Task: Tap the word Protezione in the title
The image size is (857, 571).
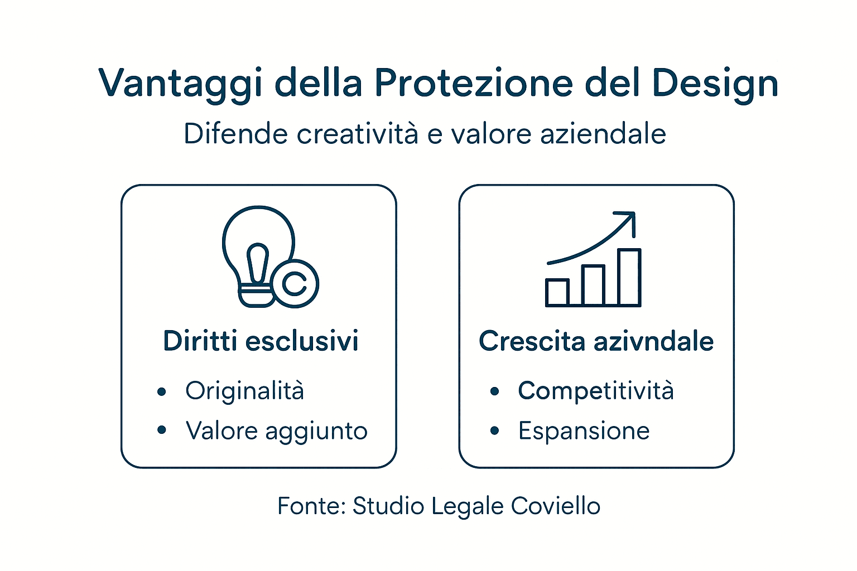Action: pyautogui.click(x=474, y=83)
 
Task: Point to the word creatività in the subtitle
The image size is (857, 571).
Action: pyautogui.click(x=357, y=134)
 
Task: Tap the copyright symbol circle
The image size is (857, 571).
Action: pyautogui.click(x=295, y=283)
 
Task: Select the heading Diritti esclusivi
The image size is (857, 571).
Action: pyautogui.click(x=261, y=341)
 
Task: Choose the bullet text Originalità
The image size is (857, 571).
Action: pyautogui.click(x=245, y=390)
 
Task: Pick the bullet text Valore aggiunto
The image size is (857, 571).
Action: pyautogui.click(x=277, y=430)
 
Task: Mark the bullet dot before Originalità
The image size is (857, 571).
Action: pyautogui.click(x=162, y=391)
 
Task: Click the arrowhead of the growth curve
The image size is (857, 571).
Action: pyautogui.click(x=628, y=219)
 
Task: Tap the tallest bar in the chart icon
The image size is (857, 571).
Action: pyautogui.click(x=629, y=277)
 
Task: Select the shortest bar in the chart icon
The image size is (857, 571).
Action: pyautogui.click(x=557, y=292)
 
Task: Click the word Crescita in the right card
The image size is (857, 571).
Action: pyautogui.click(x=532, y=341)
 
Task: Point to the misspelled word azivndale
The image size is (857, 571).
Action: pyautogui.click(x=653, y=341)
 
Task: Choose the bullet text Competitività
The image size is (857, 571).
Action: pyautogui.click(x=596, y=390)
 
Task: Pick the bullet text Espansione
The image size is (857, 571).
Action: pyautogui.click(x=584, y=430)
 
